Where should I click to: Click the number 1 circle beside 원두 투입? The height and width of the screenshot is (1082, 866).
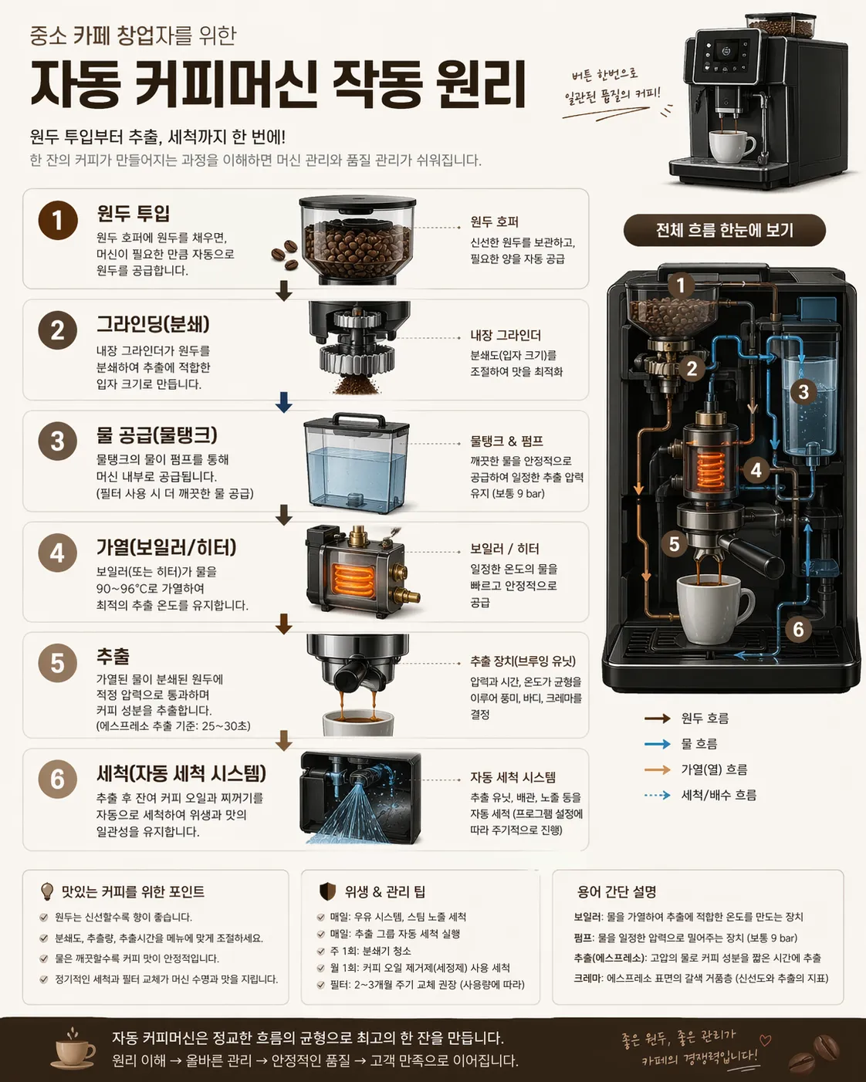click(x=58, y=220)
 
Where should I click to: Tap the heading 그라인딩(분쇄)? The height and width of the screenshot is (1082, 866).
click(x=153, y=324)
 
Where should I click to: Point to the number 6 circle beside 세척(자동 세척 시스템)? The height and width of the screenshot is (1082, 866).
click(x=58, y=779)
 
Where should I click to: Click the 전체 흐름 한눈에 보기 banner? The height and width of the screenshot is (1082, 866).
click(x=724, y=230)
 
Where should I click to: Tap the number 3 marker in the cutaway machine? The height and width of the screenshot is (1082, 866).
click(x=803, y=392)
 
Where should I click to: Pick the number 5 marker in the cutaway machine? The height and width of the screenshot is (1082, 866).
click(x=674, y=544)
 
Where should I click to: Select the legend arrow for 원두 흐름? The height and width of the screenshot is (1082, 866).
click(x=658, y=718)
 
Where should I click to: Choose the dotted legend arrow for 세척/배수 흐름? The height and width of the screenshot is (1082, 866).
click(x=658, y=795)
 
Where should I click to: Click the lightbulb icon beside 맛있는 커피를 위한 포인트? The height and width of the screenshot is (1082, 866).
click(x=47, y=891)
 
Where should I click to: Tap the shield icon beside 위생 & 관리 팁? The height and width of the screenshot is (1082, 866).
click(x=327, y=891)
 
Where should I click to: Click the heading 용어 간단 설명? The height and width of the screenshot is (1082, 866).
click(x=617, y=892)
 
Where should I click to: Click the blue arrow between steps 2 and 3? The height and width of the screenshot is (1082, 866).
click(x=284, y=402)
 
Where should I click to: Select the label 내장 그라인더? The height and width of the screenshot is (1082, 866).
click(x=506, y=336)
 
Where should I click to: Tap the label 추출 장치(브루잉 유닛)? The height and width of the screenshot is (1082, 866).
click(x=523, y=661)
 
